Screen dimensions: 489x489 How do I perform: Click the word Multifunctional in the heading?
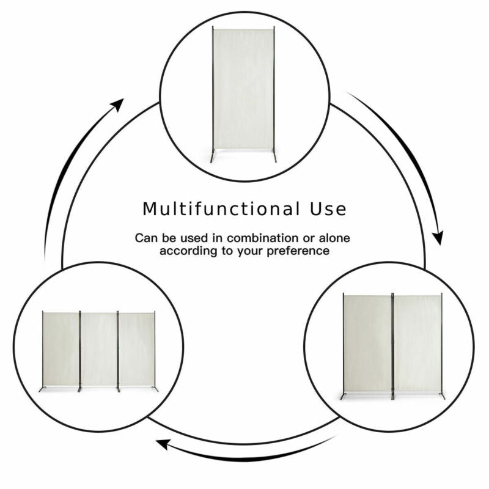pyautogui.click(x=221, y=208)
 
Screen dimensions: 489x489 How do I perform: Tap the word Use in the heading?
pyautogui.click(x=328, y=209)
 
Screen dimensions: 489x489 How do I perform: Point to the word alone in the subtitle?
pyautogui.click(x=334, y=238)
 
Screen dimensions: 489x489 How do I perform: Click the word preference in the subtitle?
pyautogui.click(x=298, y=251)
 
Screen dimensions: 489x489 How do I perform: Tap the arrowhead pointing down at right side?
pyautogui.click(x=438, y=238)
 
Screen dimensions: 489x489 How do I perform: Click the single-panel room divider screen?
pyautogui.click(x=243, y=94)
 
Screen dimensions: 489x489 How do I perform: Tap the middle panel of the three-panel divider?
pyautogui.click(x=99, y=349)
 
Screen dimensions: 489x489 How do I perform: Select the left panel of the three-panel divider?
pyautogui.click(x=61, y=349)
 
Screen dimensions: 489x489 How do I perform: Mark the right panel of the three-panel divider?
pyautogui.click(x=136, y=349)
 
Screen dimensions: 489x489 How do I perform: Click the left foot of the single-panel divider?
pyautogui.click(x=213, y=156)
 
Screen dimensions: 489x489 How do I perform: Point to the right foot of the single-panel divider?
pyautogui.click(x=274, y=156)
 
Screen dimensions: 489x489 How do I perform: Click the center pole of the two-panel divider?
pyautogui.click(x=392, y=345)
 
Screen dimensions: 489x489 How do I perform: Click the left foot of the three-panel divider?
pyautogui.click(x=42, y=389)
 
